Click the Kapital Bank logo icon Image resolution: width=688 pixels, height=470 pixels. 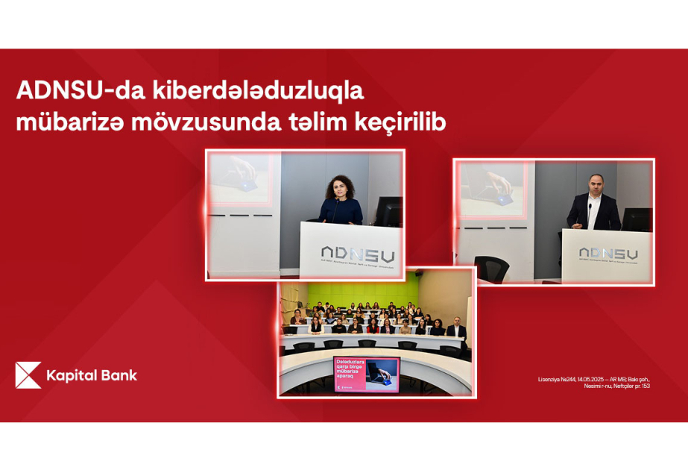(28, 375)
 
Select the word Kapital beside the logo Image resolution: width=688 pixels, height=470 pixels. (71, 375)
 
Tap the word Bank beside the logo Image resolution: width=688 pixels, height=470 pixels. (119, 375)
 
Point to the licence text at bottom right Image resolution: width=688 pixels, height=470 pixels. (593, 382)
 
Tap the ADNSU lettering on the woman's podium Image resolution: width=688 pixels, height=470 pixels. (357, 254)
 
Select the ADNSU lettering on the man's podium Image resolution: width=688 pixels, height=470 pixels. (608, 254)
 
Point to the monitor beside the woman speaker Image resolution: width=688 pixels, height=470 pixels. (388, 210)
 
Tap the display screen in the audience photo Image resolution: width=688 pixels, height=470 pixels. (366, 372)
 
